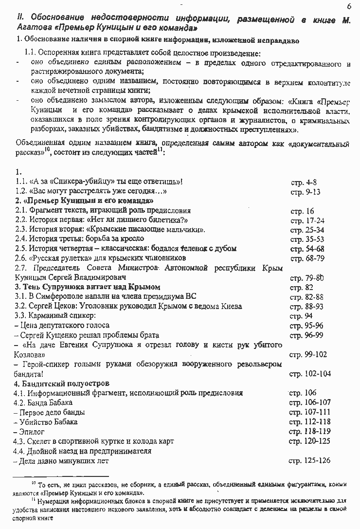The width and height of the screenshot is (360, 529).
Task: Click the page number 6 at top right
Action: point(349,6)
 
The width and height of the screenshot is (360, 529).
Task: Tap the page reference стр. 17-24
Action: point(307,220)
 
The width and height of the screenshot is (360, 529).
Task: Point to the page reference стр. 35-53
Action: point(307,239)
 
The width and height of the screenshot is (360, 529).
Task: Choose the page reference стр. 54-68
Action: point(307,249)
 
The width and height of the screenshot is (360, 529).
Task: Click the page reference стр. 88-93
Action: point(306,307)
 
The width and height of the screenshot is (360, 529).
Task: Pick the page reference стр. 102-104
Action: point(310,374)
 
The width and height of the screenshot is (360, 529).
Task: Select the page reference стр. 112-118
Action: point(309,422)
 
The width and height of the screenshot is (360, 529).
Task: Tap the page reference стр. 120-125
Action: point(309,441)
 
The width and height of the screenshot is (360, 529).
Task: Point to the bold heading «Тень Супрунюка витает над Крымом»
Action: point(88,287)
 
